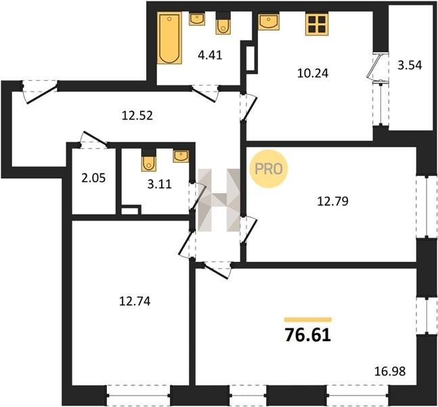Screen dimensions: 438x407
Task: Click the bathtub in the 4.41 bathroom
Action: [169, 39]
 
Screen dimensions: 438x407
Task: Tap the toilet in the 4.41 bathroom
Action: [223, 24]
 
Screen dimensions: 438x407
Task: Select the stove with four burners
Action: [317, 24]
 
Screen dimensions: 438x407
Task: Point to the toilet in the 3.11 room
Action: [149, 161]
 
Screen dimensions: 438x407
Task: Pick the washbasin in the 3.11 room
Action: [181, 156]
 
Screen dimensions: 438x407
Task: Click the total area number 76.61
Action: [308, 335]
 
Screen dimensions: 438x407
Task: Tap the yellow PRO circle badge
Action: [269, 169]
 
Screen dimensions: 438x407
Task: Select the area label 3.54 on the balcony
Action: [410, 65]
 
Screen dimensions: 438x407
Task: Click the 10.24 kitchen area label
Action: [313, 73]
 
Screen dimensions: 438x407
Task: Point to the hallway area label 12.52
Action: [137, 115]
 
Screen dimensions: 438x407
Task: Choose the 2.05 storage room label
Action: [93, 178]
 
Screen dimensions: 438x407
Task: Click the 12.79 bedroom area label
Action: [332, 201]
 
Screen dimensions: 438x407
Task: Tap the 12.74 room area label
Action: [135, 301]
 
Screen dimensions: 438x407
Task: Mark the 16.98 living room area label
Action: [389, 372]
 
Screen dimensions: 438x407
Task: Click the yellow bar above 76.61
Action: [308, 319]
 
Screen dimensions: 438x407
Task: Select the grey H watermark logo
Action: [219, 200]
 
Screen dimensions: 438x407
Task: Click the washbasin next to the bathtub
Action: [197, 19]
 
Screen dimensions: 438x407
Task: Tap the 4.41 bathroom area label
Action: [210, 55]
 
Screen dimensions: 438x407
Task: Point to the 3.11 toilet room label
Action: [160, 185]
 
